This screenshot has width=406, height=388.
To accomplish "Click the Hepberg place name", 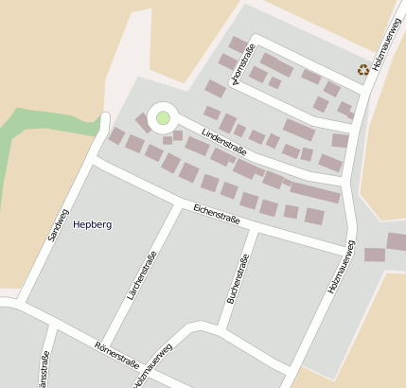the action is click(93, 225).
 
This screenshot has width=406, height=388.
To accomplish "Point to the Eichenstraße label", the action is click(217, 213).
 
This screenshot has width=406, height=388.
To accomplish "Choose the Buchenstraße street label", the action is click(238, 277).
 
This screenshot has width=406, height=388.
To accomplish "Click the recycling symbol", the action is click(363, 69).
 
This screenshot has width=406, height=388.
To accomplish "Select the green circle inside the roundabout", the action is click(163, 117).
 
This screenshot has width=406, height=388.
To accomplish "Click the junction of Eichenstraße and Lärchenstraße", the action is click(176, 206).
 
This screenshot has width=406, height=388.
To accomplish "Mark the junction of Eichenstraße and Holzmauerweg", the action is click(349, 252).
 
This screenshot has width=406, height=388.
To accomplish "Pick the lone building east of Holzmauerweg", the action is click(375, 254).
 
